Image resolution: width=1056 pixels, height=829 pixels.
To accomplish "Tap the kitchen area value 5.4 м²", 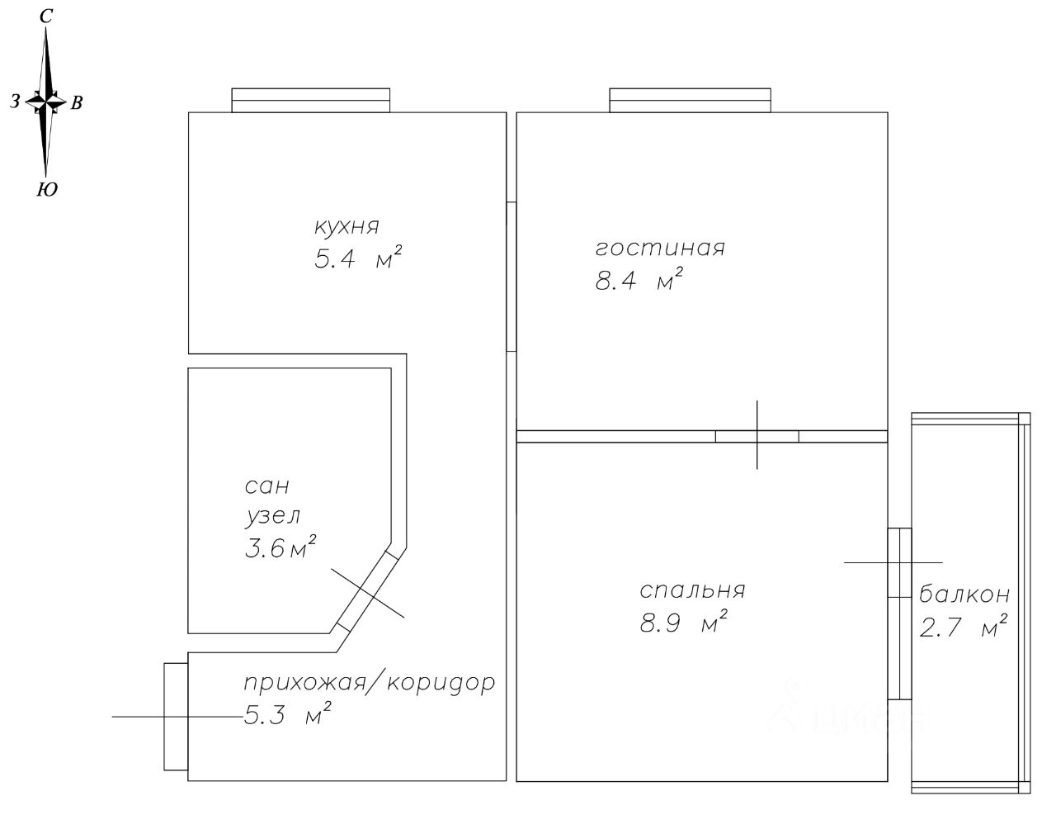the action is pyautogui.click(x=358, y=258).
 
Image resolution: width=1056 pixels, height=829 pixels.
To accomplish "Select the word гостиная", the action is pyautogui.click(x=660, y=248).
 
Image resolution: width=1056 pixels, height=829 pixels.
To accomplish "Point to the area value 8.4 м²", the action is pyautogui.click(x=639, y=278).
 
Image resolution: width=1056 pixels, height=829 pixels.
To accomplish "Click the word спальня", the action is pyautogui.click(x=692, y=590).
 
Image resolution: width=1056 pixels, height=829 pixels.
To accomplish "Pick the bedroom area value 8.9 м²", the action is pyautogui.click(x=683, y=622).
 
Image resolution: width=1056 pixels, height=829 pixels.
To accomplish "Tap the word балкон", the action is pyautogui.click(x=964, y=595).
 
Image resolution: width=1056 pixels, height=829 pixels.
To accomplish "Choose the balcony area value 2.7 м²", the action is pyautogui.click(x=963, y=626).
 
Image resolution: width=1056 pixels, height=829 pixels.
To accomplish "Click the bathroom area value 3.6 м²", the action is pyautogui.click(x=280, y=547).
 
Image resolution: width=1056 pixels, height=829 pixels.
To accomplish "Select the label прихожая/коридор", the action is pyautogui.click(x=370, y=683).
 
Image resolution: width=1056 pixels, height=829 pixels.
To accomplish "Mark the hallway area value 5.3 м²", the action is pyautogui.click(x=287, y=714).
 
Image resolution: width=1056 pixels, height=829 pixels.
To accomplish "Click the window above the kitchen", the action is pyautogui.click(x=310, y=100).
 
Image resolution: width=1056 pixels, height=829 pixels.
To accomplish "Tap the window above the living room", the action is pyautogui.click(x=690, y=100).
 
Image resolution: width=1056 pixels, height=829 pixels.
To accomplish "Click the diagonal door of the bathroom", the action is pyautogui.click(x=368, y=590).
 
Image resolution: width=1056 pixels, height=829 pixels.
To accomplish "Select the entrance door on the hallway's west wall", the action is pyautogui.click(x=176, y=716).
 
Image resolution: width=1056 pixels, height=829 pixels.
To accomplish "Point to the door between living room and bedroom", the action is pyautogui.click(x=757, y=436).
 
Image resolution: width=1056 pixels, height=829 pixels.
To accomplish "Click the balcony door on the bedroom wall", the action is pyautogui.click(x=899, y=613).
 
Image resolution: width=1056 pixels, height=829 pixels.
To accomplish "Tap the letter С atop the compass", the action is pyautogui.click(x=45, y=17).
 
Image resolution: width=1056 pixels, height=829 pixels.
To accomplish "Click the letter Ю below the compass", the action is pyautogui.click(x=47, y=189).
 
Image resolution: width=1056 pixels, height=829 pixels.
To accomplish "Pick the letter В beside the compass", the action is pyautogui.click(x=77, y=102).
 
